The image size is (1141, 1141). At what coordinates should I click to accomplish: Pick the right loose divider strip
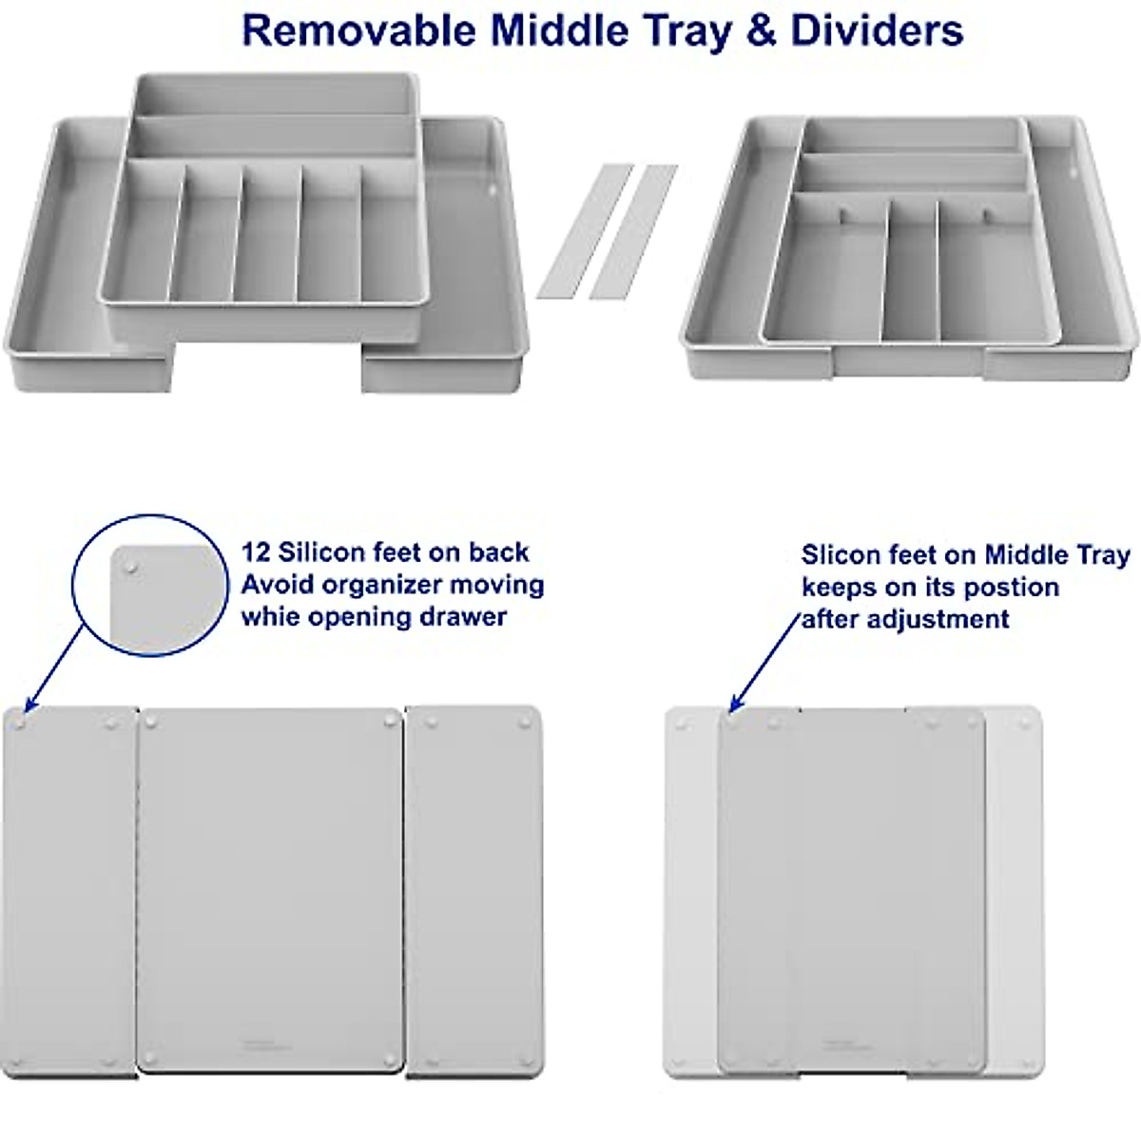pyautogui.click(x=633, y=230)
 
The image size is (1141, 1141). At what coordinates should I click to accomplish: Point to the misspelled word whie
pyautogui.click(x=268, y=616)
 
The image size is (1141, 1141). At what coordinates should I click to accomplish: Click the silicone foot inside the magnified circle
pyautogui.click(x=130, y=567)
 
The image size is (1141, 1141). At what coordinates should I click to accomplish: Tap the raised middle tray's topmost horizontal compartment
pyautogui.click(x=274, y=95)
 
